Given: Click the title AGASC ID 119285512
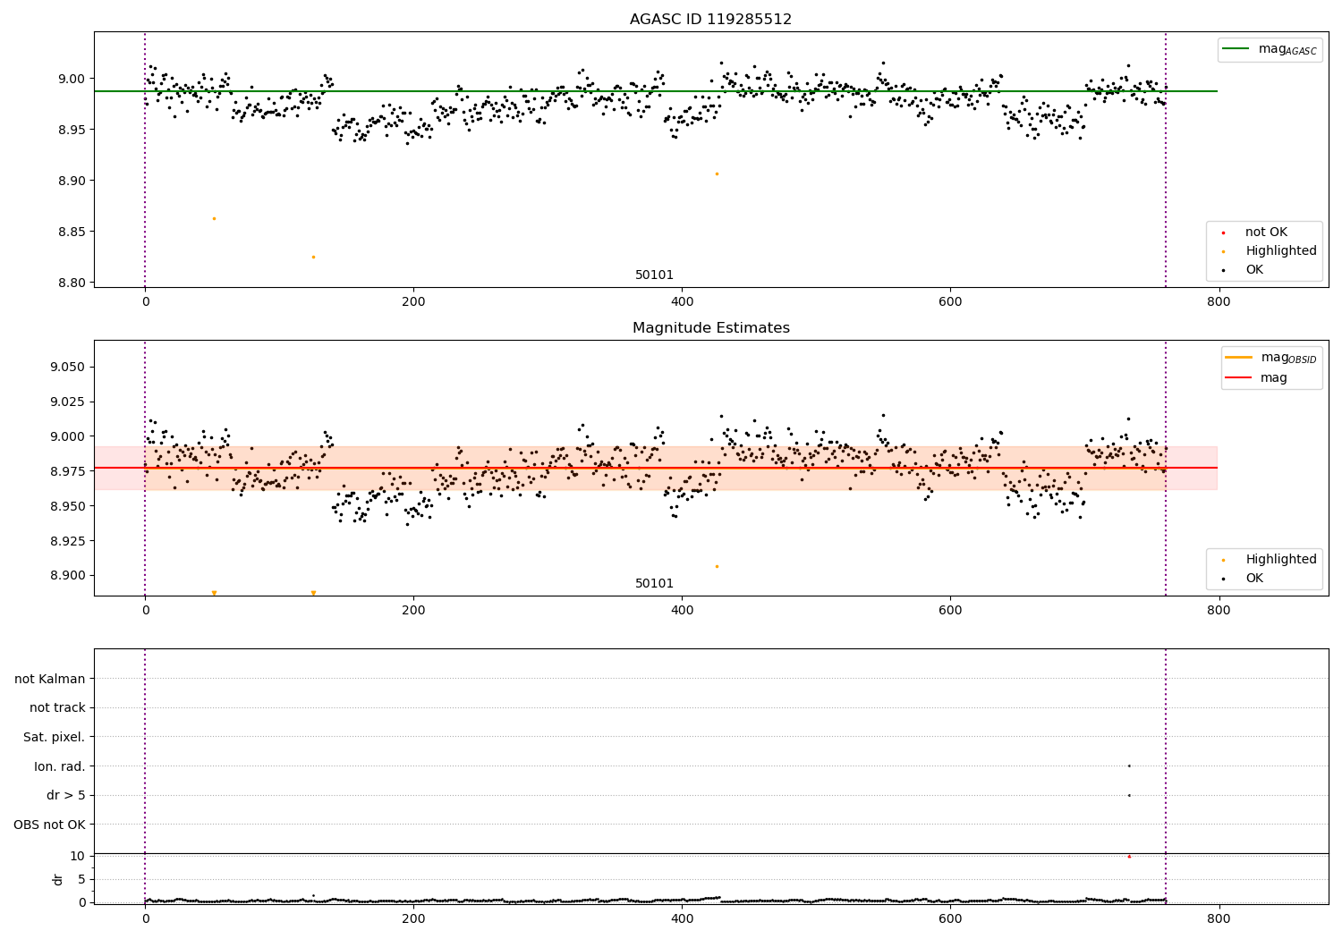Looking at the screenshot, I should click(710, 20).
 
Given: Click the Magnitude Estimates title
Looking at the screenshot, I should click(710, 328).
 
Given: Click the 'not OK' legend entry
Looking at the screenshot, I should click(1266, 233).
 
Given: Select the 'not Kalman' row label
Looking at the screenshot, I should click(50, 679).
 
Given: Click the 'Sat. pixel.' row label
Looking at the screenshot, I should click(54, 737).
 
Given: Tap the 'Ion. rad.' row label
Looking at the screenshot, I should click(59, 766).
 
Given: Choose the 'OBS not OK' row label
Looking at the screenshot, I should click(49, 825).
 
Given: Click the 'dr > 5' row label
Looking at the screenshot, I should click(65, 795).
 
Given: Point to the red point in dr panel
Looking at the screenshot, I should click(1129, 857).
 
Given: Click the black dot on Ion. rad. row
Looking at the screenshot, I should click(1129, 766).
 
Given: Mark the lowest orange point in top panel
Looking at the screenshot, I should click(313, 257).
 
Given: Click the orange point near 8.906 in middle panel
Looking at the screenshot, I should click(717, 566).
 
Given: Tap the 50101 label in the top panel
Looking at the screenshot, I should click(654, 275).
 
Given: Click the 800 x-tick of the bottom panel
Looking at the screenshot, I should click(1219, 918).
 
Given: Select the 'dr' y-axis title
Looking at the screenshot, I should click(58, 879).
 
